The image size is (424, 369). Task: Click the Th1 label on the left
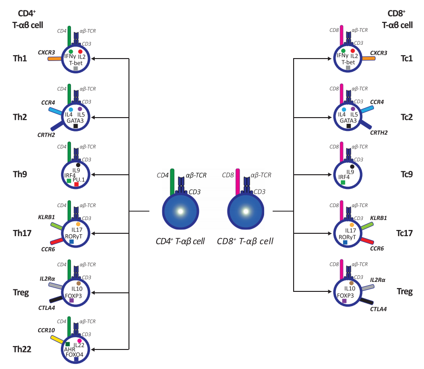click(20, 59)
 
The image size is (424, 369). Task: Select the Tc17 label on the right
click(404, 233)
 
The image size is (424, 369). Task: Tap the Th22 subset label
click(22, 349)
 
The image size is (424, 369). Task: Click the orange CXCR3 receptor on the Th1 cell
click(55, 59)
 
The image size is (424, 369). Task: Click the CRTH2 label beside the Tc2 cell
click(379, 132)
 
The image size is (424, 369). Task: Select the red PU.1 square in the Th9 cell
click(77, 184)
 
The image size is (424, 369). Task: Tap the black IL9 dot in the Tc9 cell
click(352, 167)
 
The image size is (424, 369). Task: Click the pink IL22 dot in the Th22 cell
click(79, 340)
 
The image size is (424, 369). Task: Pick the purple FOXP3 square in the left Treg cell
click(72, 300)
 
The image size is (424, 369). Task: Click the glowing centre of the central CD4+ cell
click(180, 211)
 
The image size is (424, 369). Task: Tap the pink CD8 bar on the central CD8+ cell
click(237, 182)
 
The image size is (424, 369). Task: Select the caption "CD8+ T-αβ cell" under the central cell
click(245, 241)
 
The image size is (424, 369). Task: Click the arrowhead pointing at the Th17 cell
click(93, 233)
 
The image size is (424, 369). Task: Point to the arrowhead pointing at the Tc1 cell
click(330, 59)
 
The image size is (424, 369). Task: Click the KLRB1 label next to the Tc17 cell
click(378, 218)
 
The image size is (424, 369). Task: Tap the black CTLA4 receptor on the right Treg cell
click(367, 301)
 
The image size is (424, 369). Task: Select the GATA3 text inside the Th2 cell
click(75, 120)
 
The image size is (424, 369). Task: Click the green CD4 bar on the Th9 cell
click(69, 152)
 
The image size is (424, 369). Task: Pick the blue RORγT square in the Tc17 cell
click(345, 242)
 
